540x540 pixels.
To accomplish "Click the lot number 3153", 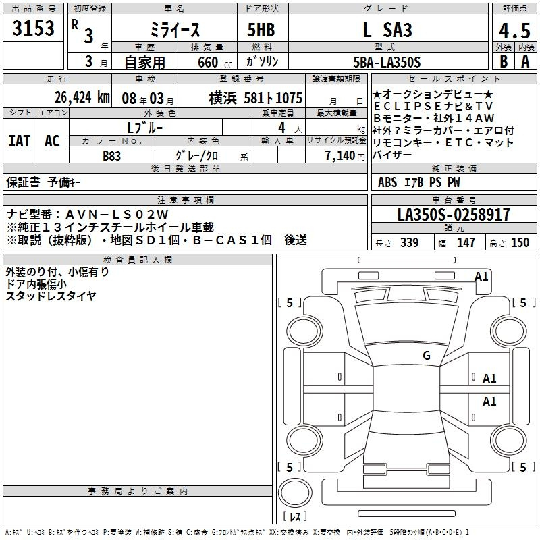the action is (33, 28).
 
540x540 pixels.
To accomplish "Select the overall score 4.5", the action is (514, 30).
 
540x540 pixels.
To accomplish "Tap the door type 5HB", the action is (261, 30).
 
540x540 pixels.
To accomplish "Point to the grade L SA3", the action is (387, 30).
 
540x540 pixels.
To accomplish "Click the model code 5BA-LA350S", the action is (387, 62).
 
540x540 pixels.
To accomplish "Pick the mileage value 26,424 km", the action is (82, 97).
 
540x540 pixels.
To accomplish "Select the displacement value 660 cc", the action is (215, 63).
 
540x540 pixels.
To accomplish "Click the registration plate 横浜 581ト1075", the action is (256, 98).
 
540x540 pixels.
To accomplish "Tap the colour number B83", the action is (111, 156).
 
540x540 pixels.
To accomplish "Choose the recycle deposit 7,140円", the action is (345, 156).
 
